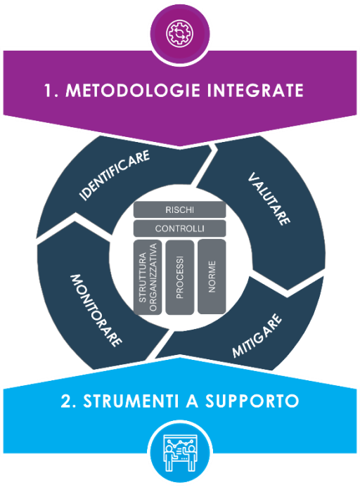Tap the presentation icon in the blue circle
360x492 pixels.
click(x=180, y=452)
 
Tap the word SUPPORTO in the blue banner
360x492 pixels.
click(x=255, y=401)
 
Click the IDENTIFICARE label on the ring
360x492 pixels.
click(x=115, y=172)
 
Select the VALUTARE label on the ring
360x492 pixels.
click(x=270, y=198)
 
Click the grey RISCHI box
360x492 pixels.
click(x=180, y=210)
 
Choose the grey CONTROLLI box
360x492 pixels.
click(x=180, y=228)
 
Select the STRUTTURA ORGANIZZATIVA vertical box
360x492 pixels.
click(x=148, y=276)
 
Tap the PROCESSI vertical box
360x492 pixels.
click(x=179, y=276)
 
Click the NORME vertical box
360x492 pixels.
click(x=212, y=276)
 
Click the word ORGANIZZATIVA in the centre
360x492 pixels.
click(x=153, y=276)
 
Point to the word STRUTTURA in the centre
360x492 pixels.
click(x=142, y=276)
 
